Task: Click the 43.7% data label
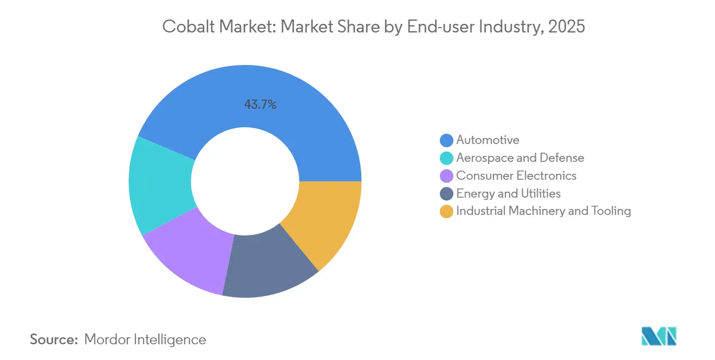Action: [x=260, y=105]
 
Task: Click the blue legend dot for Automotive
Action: [x=446, y=140]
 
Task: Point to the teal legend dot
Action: [x=446, y=158]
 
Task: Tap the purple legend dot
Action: [x=446, y=176]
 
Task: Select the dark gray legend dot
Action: [x=446, y=194]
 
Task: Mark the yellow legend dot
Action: [x=446, y=212]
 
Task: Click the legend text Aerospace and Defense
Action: [x=520, y=158]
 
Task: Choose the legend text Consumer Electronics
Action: [x=516, y=176]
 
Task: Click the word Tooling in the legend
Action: [x=611, y=211]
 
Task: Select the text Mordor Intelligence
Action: [x=145, y=339]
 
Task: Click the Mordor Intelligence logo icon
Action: [x=659, y=336]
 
